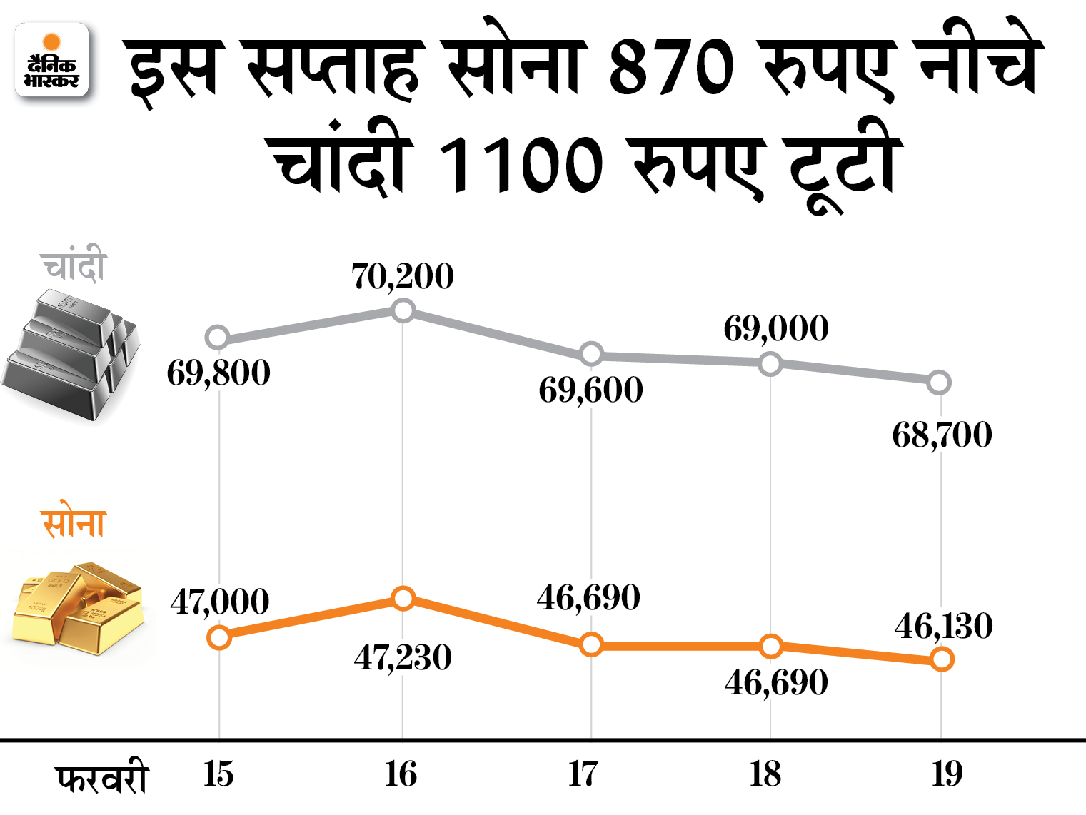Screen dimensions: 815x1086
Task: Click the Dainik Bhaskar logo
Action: (x=51, y=60)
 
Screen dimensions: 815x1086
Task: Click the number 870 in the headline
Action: (x=671, y=68)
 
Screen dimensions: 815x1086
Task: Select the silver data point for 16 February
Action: (x=403, y=310)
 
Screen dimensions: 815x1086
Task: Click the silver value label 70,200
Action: (x=403, y=277)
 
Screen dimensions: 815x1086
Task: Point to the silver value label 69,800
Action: (x=218, y=373)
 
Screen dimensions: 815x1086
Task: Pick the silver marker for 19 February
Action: (x=939, y=383)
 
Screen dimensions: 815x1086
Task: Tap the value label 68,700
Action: (x=942, y=435)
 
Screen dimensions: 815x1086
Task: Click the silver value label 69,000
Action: (x=776, y=329)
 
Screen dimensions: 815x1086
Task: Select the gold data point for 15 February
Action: (x=219, y=637)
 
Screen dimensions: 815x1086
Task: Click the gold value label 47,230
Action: (x=403, y=657)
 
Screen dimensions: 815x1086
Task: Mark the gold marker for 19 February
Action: (x=942, y=659)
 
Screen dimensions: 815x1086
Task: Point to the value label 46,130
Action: (x=943, y=627)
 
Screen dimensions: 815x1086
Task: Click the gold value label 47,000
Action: (x=220, y=602)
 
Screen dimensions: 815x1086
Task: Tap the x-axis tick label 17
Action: (x=583, y=774)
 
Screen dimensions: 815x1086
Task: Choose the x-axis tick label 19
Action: (x=947, y=774)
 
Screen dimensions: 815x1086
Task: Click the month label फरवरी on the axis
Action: (x=102, y=778)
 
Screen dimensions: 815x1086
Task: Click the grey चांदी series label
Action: (x=74, y=266)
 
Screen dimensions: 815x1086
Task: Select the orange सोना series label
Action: (x=74, y=523)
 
